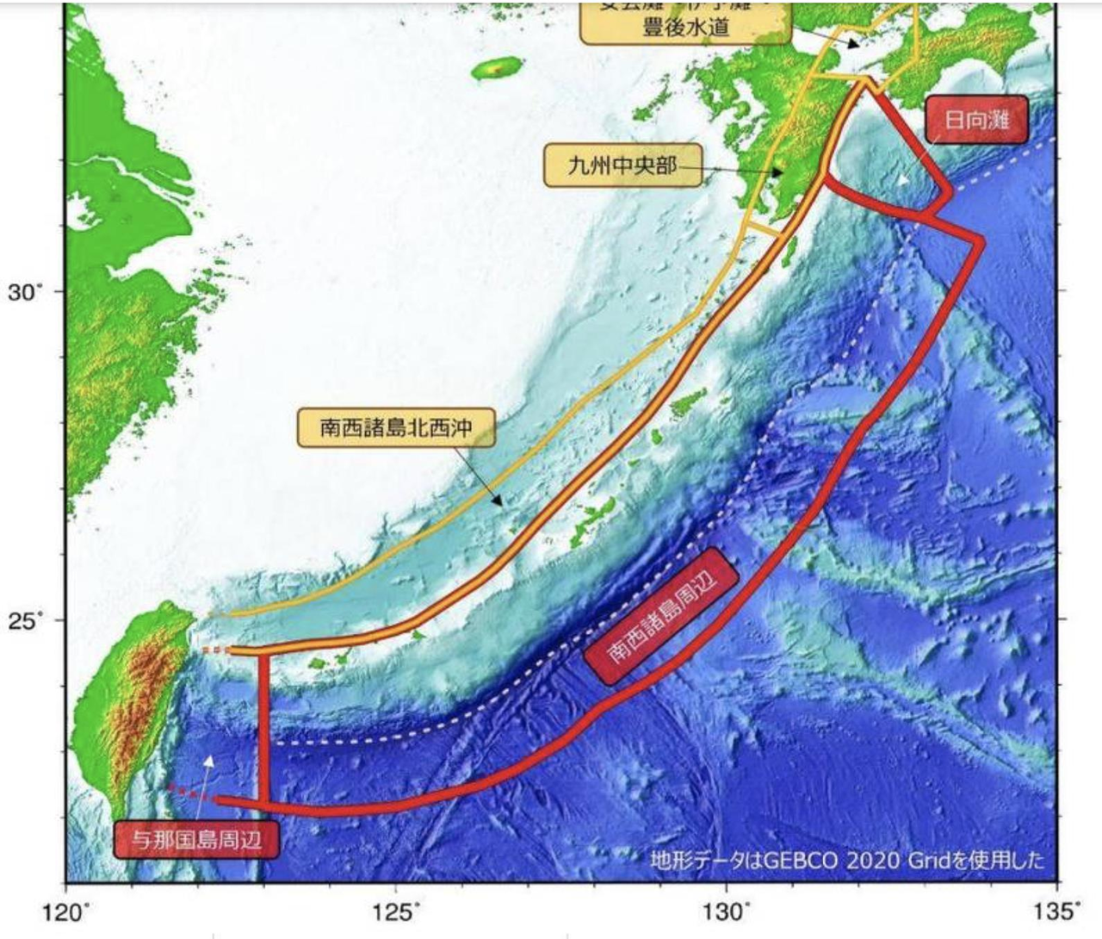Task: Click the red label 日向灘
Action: click(x=977, y=120)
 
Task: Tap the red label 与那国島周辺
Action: click(x=197, y=839)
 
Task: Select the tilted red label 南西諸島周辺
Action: click(x=661, y=616)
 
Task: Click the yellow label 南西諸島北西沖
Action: click(x=396, y=427)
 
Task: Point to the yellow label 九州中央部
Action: click(x=622, y=165)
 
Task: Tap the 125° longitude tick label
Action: click(x=396, y=911)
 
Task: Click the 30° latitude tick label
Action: click(x=25, y=292)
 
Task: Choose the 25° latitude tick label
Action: click(x=25, y=620)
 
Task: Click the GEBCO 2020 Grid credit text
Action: click(x=847, y=860)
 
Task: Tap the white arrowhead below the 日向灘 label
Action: click(x=901, y=180)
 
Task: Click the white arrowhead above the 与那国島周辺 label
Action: click(x=208, y=760)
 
